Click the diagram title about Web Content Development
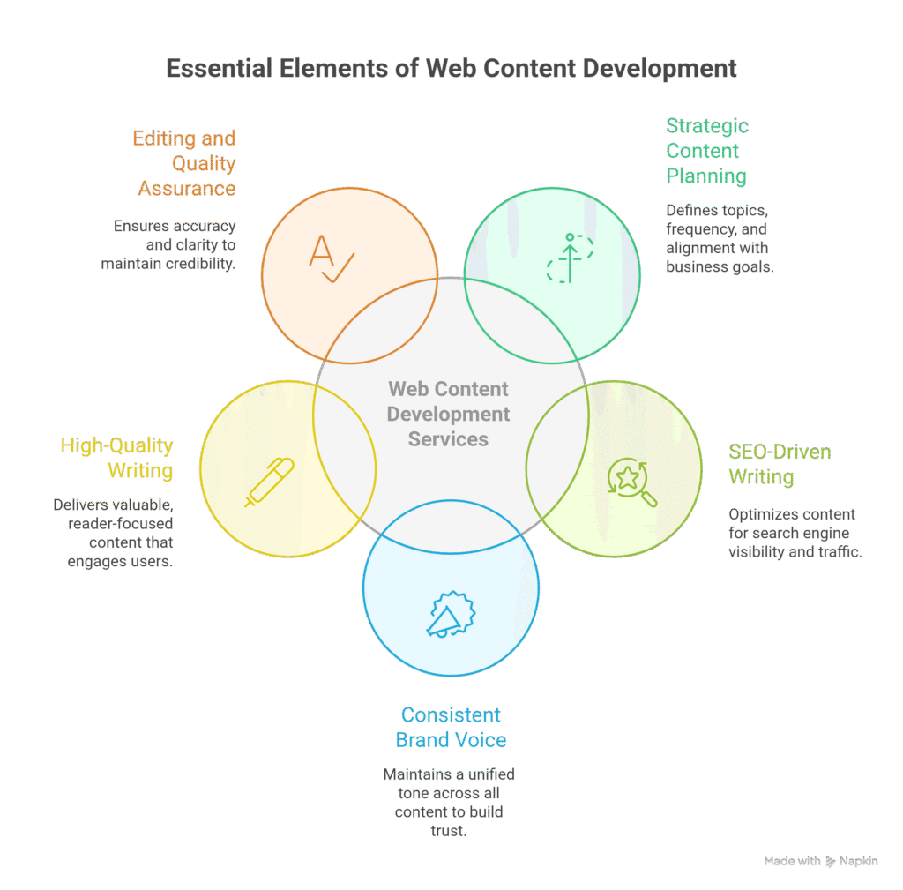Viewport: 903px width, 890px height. (x=451, y=69)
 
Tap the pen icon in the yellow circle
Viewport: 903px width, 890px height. (x=270, y=482)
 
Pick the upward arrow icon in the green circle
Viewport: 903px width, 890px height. (x=570, y=258)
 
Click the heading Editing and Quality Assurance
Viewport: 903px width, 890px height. (x=186, y=163)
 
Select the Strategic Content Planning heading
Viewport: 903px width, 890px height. (x=705, y=151)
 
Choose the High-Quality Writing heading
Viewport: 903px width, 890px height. (x=116, y=458)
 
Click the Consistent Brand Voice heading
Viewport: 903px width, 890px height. (x=451, y=727)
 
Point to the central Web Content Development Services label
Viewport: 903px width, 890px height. (x=450, y=413)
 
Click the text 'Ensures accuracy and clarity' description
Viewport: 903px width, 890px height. (x=175, y=245)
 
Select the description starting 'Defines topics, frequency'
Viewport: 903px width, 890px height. (x=719, y=238)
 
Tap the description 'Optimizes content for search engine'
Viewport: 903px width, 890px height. (x=795, y=534)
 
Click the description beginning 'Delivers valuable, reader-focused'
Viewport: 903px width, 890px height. (x=113, y=533)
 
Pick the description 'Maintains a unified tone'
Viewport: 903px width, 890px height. (x=450, y=802)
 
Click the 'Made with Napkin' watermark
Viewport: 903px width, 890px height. (x=820, y=862)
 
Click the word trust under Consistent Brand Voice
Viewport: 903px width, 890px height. (x=450, y=829)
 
